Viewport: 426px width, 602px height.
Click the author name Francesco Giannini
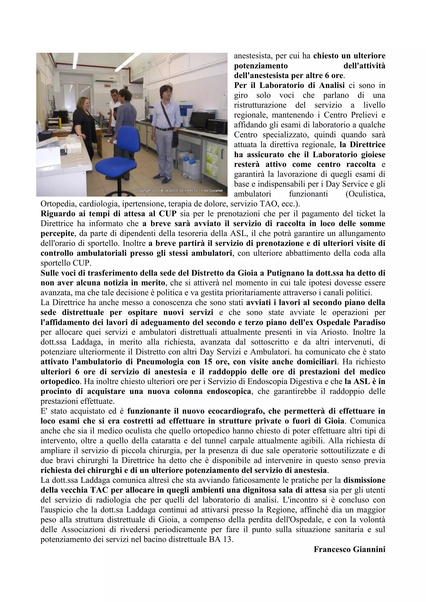(x=349, y=549)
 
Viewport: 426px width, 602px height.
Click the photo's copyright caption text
(x=180, y=191)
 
